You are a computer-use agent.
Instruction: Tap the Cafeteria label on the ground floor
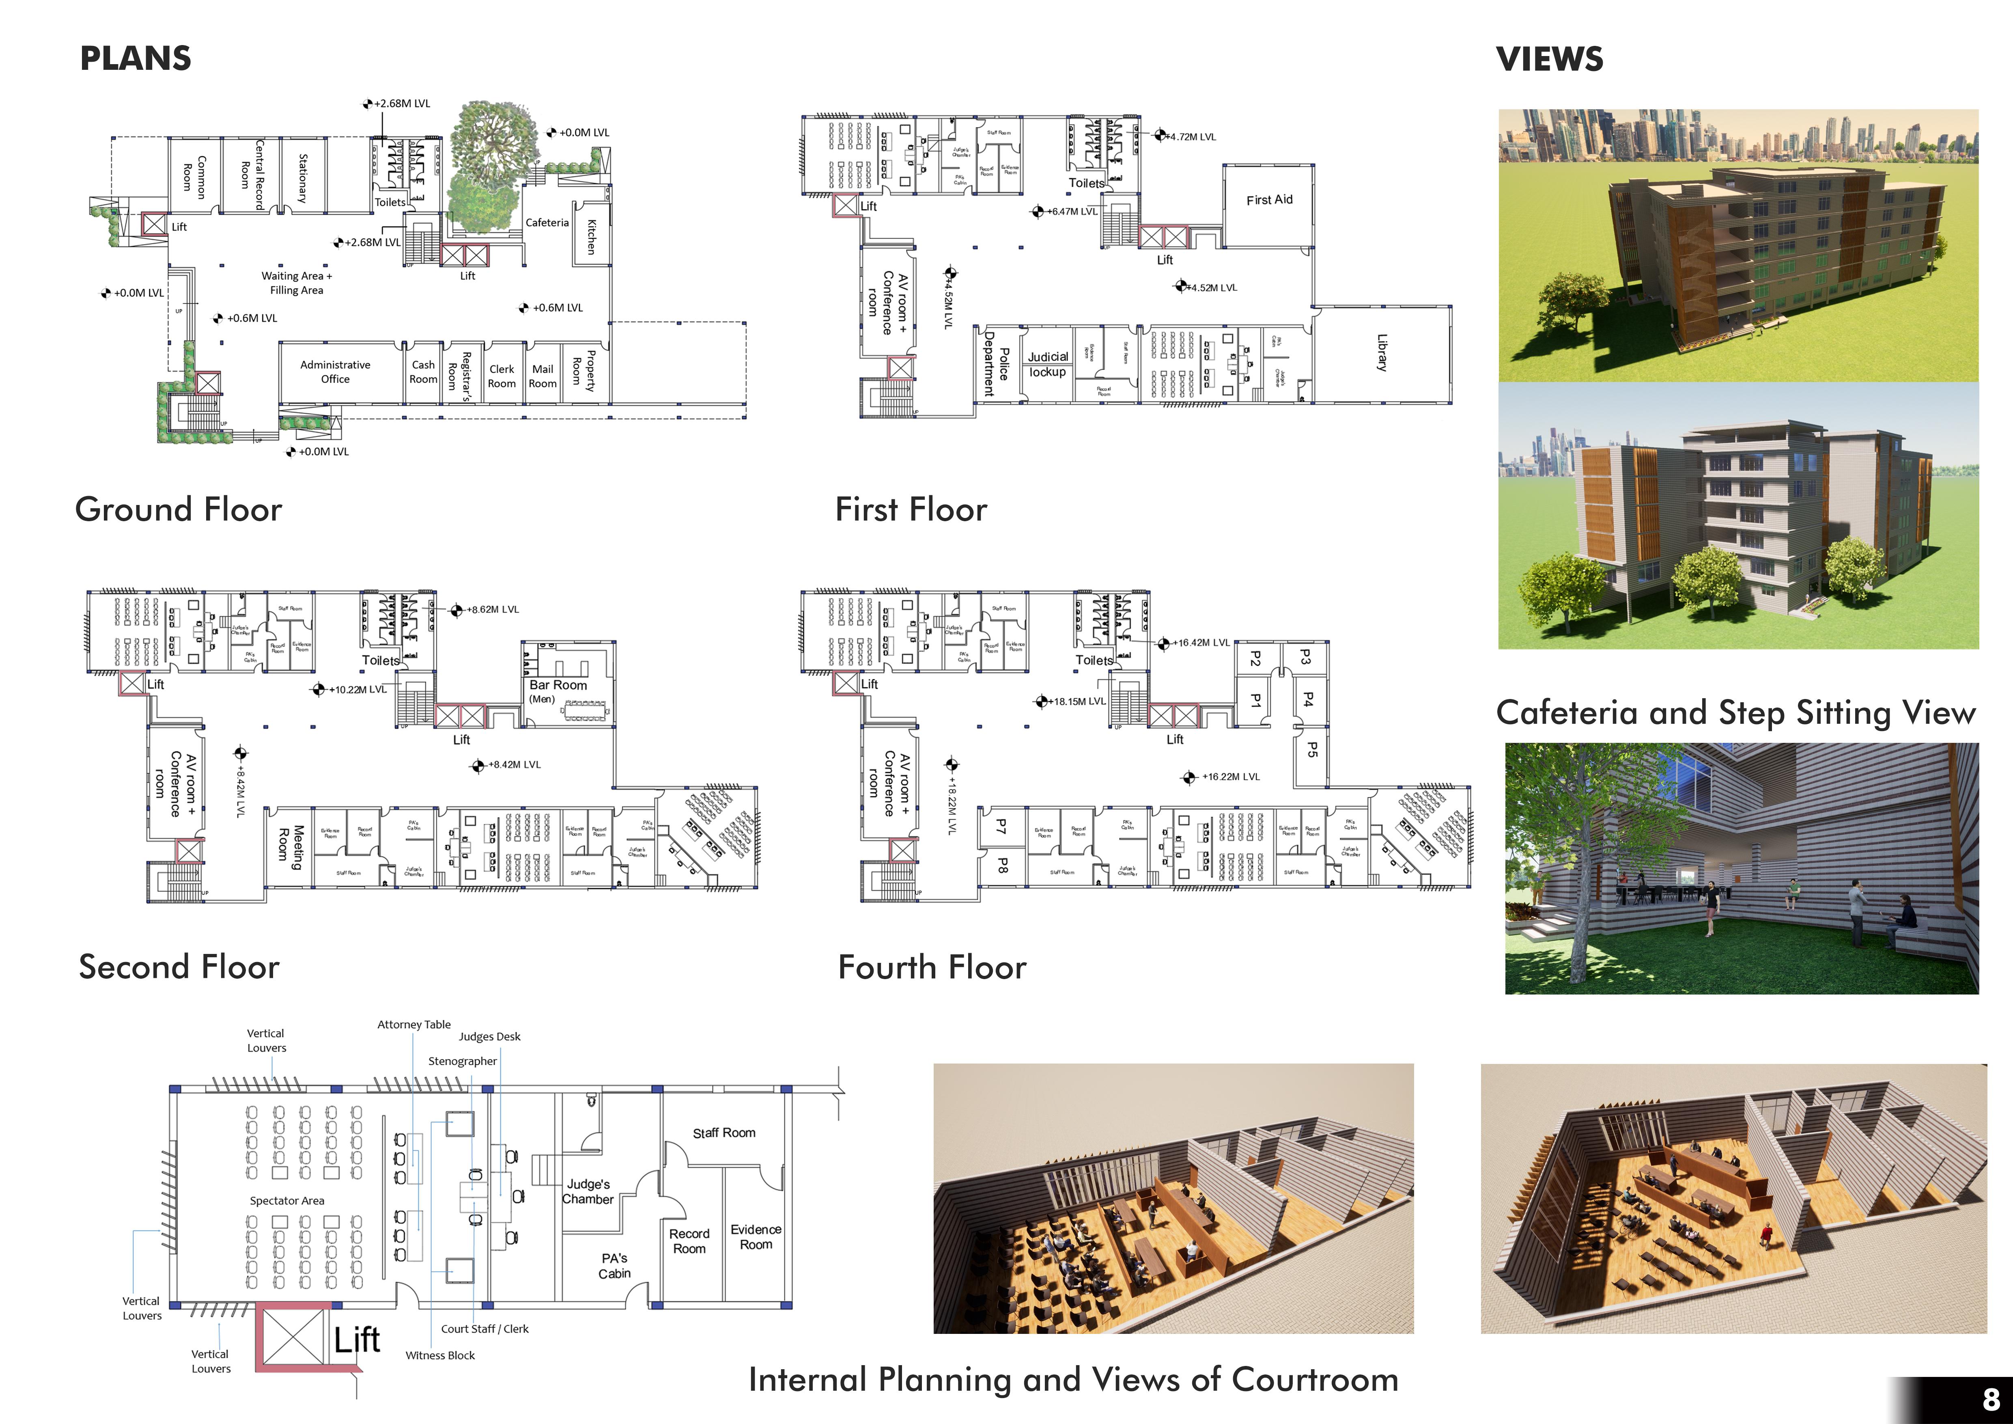(547, 223)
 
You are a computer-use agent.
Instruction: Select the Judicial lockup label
(1048, 364)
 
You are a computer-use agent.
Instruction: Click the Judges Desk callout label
(489, 1036)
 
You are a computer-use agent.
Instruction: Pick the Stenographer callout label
(462, 1061)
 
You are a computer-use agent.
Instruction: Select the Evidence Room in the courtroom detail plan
(756, 1236)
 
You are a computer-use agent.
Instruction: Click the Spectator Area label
(287, 1200)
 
